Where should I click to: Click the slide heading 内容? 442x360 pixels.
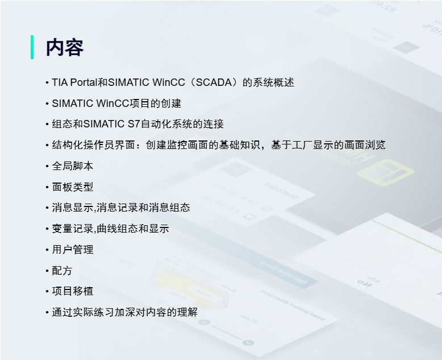(65, 47)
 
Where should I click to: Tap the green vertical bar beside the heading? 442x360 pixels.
(32, 47)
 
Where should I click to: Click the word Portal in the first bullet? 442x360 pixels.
(84, 82)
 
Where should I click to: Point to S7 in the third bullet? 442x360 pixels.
(134, 124)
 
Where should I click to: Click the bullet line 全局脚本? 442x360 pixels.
(73, 166)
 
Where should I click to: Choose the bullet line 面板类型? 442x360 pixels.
(73, 187)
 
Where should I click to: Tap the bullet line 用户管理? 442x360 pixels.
(73, 250)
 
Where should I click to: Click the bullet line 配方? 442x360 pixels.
(62, 271)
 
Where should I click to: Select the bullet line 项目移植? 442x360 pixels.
(73, 291)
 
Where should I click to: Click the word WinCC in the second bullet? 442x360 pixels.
(109, 104)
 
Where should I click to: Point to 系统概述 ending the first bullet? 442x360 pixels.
(273, 82)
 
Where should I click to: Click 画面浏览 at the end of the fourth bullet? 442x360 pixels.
(365, 145)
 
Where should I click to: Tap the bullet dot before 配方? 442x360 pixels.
(47, 271)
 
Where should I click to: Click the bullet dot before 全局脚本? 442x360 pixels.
(47, 166)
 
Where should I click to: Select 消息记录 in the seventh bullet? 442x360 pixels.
(117, 208)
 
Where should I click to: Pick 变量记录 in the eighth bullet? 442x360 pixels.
(73, 229)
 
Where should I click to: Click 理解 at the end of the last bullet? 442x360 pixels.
(187, 312)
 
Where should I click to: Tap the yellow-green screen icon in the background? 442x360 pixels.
(385, 172)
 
